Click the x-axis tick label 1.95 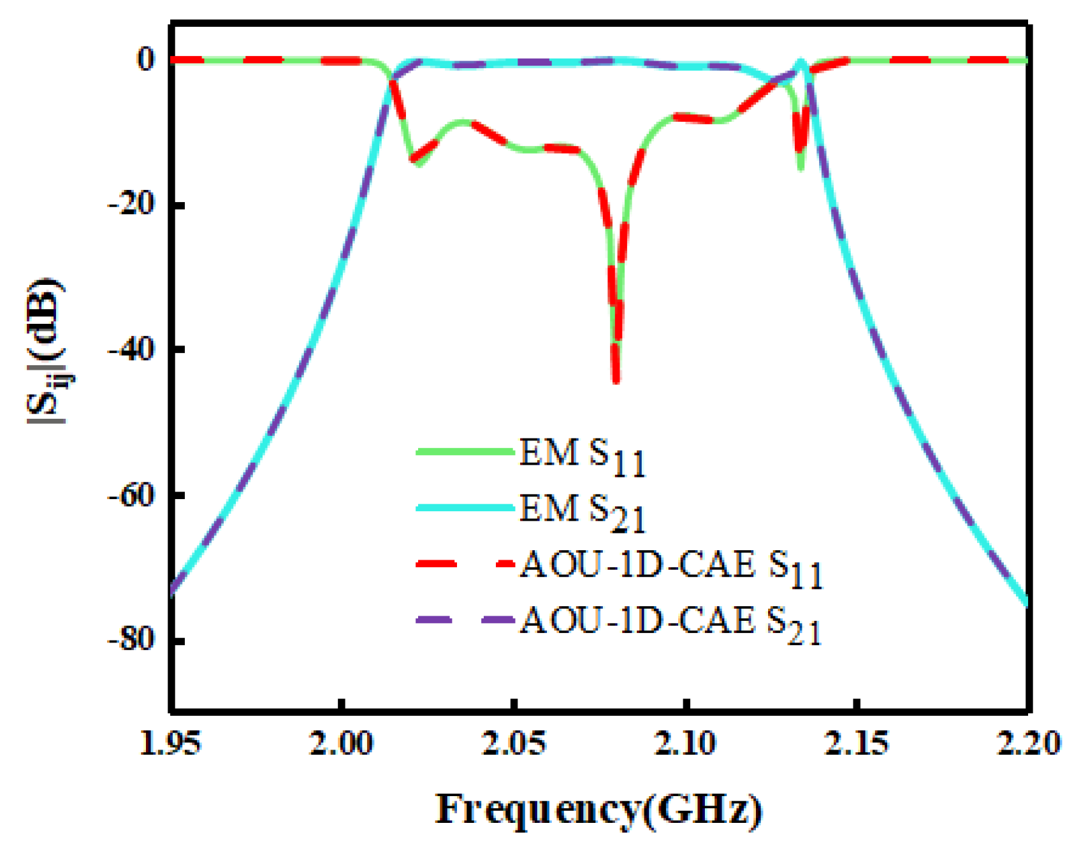click(170, 744)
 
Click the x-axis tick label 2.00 click(342, 744)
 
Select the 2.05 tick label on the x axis click(514, 744)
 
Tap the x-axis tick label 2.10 click(686, 744)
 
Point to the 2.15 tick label click(857, 744)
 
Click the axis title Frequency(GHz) click(599, 809)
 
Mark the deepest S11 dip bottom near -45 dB click(616, 381)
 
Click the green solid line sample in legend click(465, 451)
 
